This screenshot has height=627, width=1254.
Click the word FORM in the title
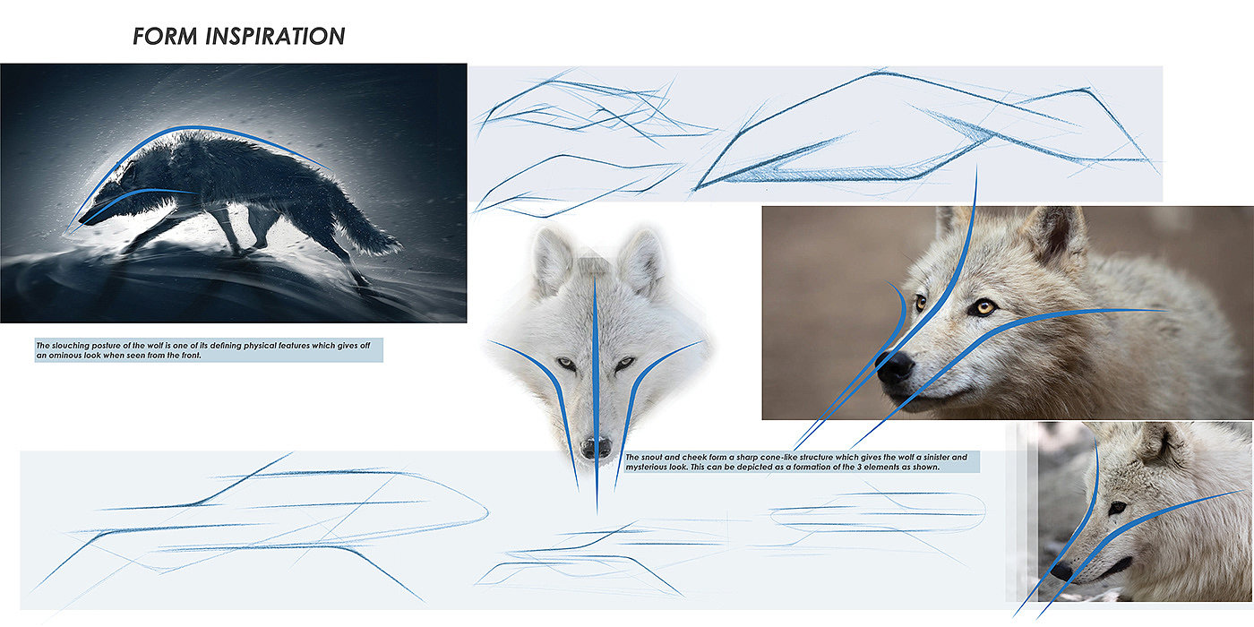(165, 37)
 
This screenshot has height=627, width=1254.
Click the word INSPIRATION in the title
(275, 37)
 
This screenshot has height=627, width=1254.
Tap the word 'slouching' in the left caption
(71, 346)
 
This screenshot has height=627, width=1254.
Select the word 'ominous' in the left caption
(65, 355)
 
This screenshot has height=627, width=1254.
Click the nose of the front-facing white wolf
(596, 447)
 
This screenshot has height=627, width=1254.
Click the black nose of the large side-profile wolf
(895, 368)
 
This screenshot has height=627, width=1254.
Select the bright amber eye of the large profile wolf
(983, 306)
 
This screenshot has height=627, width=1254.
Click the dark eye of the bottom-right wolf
(1118, 508)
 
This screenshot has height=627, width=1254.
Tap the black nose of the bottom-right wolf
(1061, 571)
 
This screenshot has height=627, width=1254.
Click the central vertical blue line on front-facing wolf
(596, 392)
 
